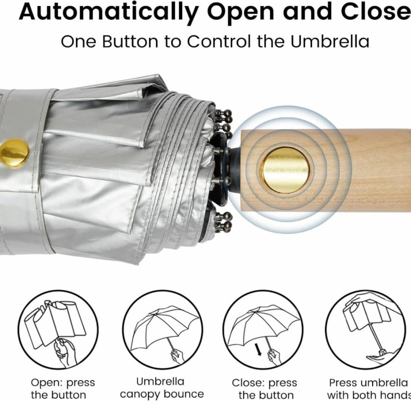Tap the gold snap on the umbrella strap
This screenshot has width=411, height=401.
14,153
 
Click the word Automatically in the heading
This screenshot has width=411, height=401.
108,12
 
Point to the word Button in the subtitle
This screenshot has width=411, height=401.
130,42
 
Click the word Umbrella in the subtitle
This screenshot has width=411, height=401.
330,42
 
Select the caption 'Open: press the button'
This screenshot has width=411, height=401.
63,389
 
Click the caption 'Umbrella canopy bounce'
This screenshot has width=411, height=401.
162,388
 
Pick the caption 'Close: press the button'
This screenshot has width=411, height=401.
265,389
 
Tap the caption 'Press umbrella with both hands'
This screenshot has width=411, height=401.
369,389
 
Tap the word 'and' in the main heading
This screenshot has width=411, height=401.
307,12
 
